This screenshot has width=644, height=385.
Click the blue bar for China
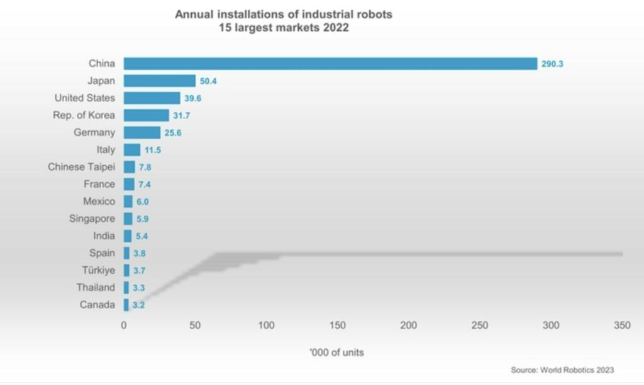coord(330,63)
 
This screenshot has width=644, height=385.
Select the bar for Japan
coord(160,80)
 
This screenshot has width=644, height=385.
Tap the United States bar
coord(152,98)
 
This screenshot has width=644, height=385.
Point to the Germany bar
coord(142,133)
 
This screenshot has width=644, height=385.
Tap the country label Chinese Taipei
coord(81,167)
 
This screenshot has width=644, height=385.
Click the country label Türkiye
coord(98,270)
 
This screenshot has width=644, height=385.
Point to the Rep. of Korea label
coord(84,115)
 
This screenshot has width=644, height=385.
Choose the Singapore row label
coord(92,219)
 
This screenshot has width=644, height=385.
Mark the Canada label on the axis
coord(97,305)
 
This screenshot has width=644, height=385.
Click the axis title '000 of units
coord(336,352)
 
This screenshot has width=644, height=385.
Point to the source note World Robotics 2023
coord(562,370)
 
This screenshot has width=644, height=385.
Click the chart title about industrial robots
coord(283,21)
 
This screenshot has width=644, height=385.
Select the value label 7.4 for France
coord(144,185)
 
